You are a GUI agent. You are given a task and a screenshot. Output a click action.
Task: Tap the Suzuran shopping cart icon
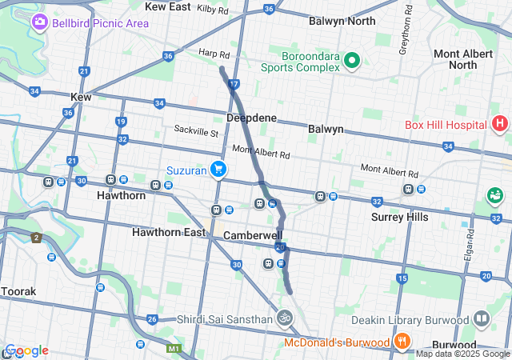pyautogui.click(x=217, y=170)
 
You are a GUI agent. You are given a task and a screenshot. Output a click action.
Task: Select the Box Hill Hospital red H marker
pyautogui.click(x=500, y=124)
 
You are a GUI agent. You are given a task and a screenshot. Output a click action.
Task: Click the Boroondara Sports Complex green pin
pyautogui.click(x=350, y=61)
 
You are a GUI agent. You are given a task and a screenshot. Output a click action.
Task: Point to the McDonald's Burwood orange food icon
pyautogui.click(x=402, y=342)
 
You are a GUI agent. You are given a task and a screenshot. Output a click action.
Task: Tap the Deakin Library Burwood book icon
pyautogui.click(x=481, y=319)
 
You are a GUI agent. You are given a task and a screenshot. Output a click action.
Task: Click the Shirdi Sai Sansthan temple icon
pyautogui.click(x=283, y=319)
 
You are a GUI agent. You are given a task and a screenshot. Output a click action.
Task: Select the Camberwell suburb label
pyautogui.click(x=253, y=236)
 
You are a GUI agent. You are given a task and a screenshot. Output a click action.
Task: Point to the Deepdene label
pyautogui.click(x=251, y=118)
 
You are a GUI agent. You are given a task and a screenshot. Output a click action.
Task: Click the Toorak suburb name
pyautogui.click(x=18, y=292)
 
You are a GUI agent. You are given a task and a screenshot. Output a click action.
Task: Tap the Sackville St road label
pyautogui.click(x=197, y=130)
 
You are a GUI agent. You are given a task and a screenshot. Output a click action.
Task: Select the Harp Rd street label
pyautogui.click(x=214, y=55)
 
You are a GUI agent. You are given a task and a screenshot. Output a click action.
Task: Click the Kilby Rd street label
pyautogui.click(x=212, y=10)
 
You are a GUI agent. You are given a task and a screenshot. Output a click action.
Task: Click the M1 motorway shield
pyautogui.click(x=174, y=350)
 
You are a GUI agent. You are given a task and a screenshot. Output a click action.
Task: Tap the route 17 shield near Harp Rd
pyautogui.click(x=234, y=83)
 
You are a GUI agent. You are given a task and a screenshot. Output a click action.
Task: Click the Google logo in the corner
pyautogui.click(x=26, y=350)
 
